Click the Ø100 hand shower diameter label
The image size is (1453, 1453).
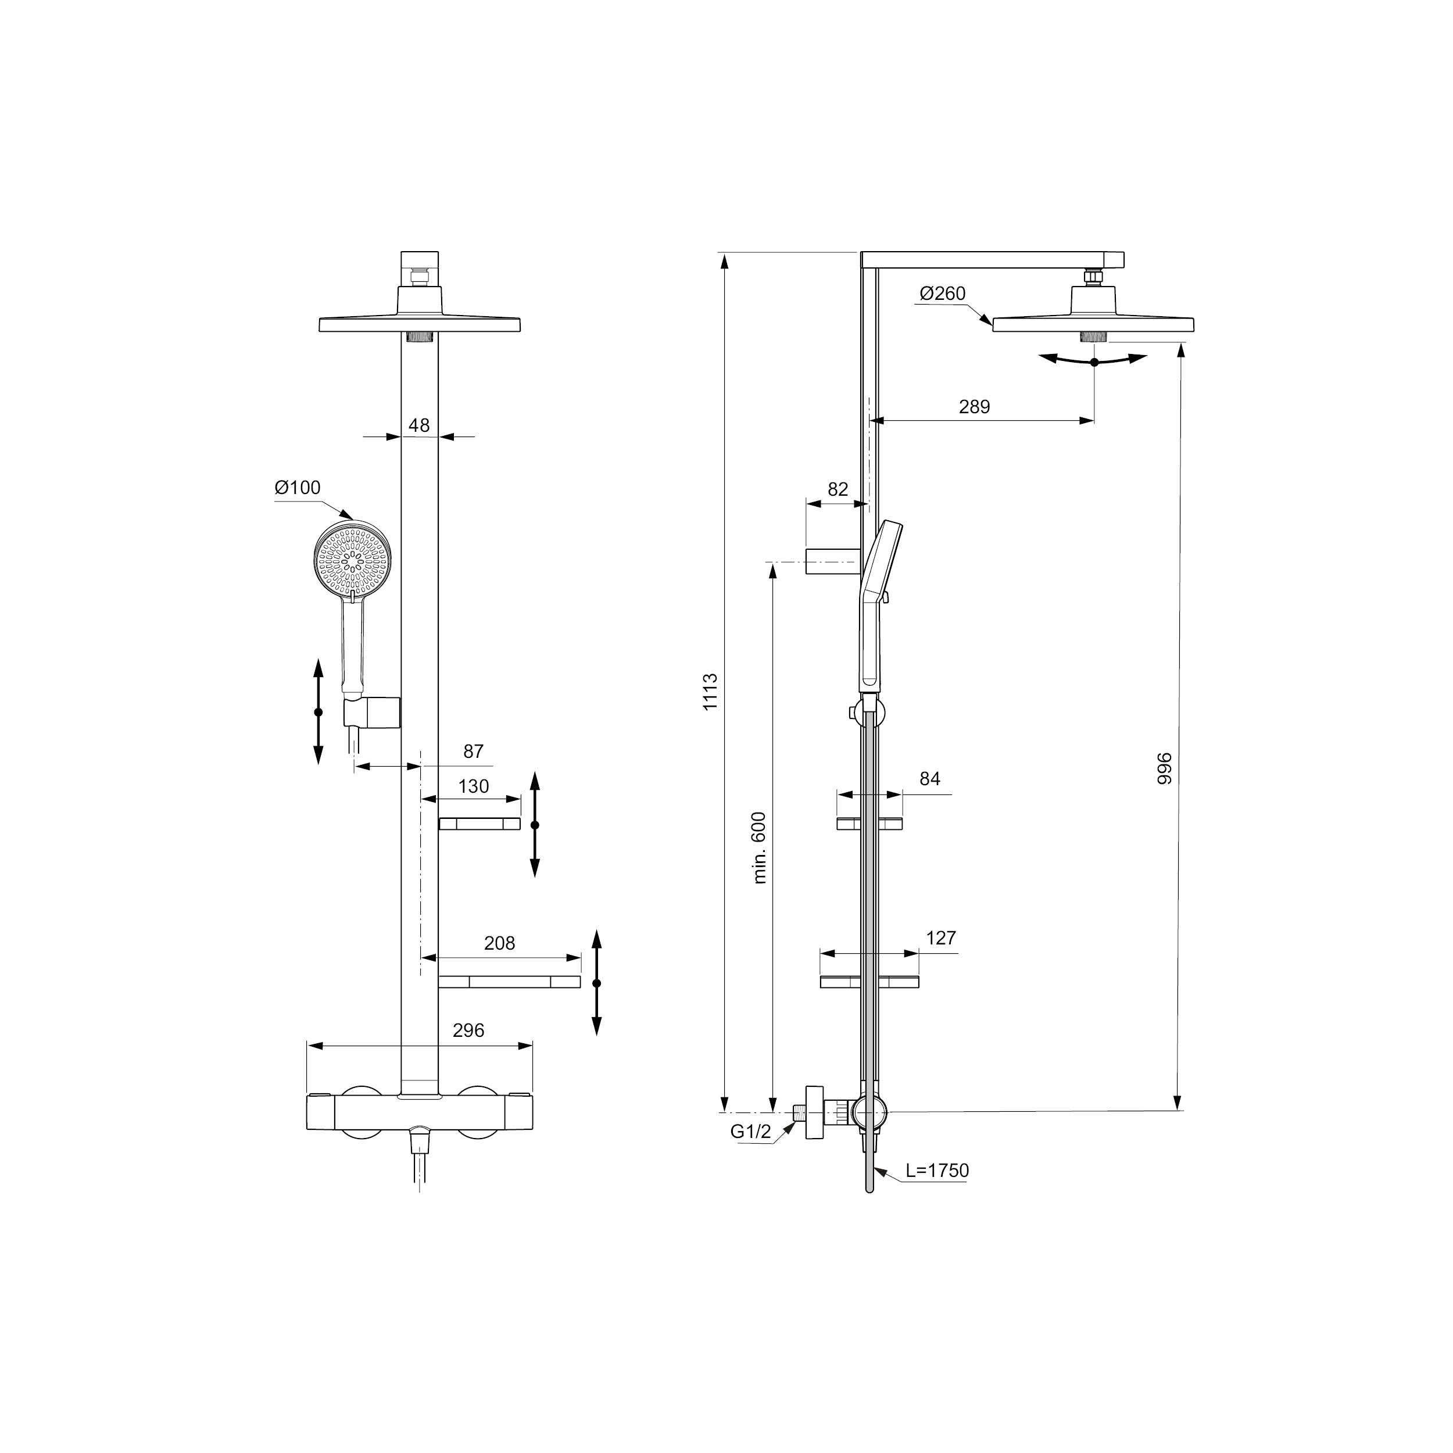click(x=298, y=488)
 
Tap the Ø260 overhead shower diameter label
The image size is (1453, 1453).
click(x=942, y=294)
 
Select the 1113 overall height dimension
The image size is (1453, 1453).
click(x=711, y=692)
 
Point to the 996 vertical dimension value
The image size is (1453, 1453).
click(x=1165, y=768)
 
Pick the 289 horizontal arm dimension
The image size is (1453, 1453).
click(x=975, y=407)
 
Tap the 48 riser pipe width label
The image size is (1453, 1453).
click(x=419, y=425)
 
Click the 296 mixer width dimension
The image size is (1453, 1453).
click(x=468, y=1030)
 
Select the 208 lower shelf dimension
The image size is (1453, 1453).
click(x=499, y=943)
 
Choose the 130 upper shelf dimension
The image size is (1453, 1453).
click(x=474, y=787)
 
